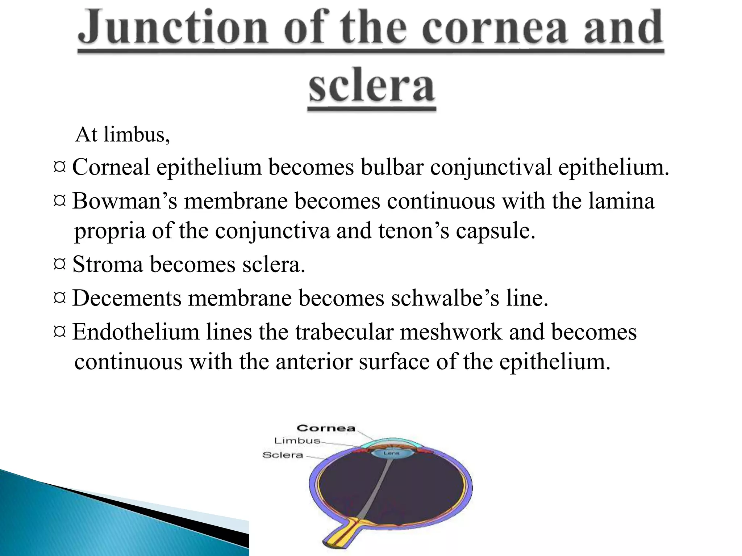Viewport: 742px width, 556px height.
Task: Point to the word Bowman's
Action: click(x=125, y=201)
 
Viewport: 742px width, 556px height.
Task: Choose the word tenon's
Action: click(x=413, y=231)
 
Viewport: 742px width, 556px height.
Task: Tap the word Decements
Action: click(x=127, y=298)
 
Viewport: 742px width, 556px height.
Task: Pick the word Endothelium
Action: click(x=136, y=332)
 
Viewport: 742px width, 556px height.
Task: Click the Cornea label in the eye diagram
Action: click(x=326, y=428)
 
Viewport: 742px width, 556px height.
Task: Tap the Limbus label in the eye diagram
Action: click(x=297, y=441)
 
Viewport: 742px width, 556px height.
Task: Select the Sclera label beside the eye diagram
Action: click(x=283, y=455)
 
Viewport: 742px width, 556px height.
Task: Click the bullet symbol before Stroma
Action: click(x=59, y=264)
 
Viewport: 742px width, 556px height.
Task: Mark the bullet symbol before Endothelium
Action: click(x=59, y=332)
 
